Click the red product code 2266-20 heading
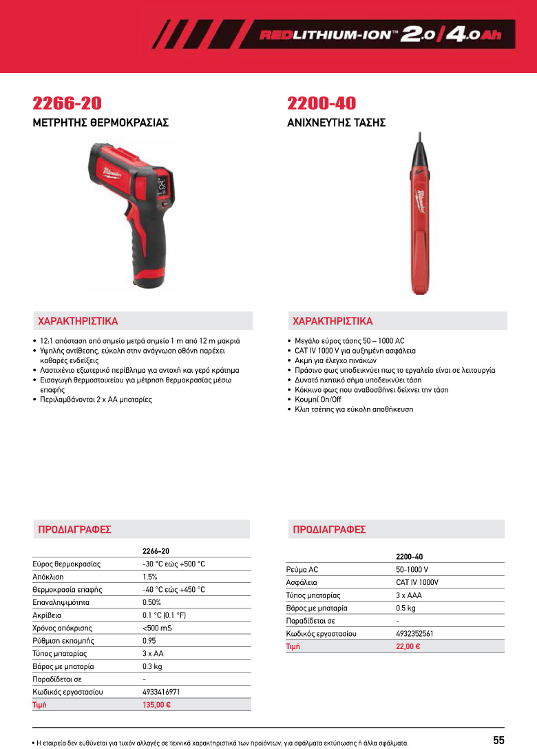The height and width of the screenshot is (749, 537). coord(67,103)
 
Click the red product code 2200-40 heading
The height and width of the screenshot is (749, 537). coord(322,103)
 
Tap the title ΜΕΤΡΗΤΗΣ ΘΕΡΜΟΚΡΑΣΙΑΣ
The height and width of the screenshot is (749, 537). coord(101,123)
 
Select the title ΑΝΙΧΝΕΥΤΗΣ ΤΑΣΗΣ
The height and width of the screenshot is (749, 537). coord(336,123)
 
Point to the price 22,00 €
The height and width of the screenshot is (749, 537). coord(408,646)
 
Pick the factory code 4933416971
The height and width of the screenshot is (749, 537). coord(161,691)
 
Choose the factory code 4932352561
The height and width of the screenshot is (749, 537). coord(414,633)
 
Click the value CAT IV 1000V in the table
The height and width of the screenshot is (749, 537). coord(417,582)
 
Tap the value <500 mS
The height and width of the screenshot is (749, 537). coord(157,628)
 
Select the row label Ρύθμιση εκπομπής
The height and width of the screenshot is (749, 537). coord(63,640)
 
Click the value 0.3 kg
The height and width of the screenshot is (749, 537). coord(152,666)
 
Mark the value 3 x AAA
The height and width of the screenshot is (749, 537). coord(410,595)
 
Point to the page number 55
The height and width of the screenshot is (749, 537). coord(498,740)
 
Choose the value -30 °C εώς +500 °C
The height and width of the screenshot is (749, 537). coord(173,564)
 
